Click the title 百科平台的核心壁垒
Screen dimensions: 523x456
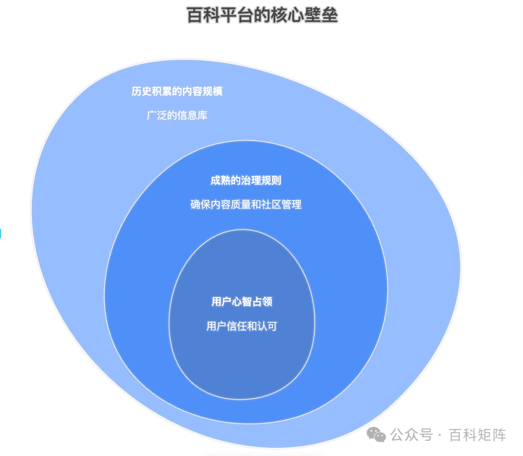tap(262, 15)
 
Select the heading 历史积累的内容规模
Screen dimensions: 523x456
tap(177, 91)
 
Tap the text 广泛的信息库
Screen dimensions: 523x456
tap(177, 116)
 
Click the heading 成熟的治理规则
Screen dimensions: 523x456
tap(246, 181)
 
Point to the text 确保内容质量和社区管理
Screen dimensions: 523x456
tap(246, 205)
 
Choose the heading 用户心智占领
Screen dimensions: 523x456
tap(242, 302)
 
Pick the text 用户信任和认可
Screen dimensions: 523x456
tap(242, 326)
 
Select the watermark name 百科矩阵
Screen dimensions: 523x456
tap(477, 435)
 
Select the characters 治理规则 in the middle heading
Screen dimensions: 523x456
tap(263, 181)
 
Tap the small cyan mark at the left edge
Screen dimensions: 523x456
tap(0, 234)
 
